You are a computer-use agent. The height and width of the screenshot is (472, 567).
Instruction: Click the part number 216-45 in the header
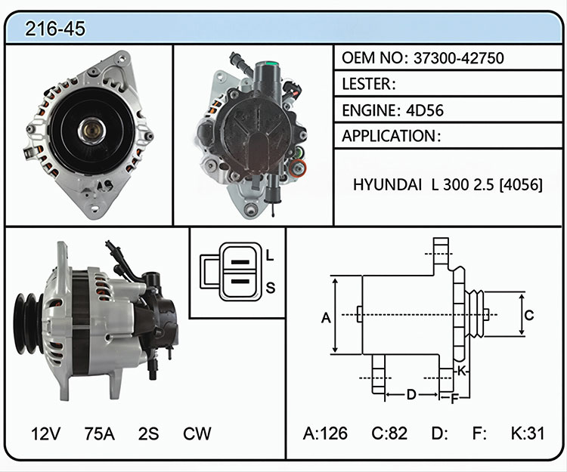pyautogui.click(x=55, y=29)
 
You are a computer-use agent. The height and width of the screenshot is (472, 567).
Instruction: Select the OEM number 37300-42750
pyautogui.click(x=459, y=58)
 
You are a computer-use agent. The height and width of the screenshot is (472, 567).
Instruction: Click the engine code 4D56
pyautogui.click(x=425, y=110)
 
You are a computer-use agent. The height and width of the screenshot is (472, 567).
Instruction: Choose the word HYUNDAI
pyautogui.click(x=387, y=184)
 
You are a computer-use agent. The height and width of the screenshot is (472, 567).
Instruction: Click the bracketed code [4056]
pyautogui.click(x=521, y=184)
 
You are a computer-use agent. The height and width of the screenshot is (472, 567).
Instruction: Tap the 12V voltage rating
pyautogui.click(x=45, y=433)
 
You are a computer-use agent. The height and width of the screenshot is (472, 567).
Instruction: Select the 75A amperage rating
pyautogui.click(x=100, y=433)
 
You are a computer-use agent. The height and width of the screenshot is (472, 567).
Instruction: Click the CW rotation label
pyautogui.click(x=197, y=433)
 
